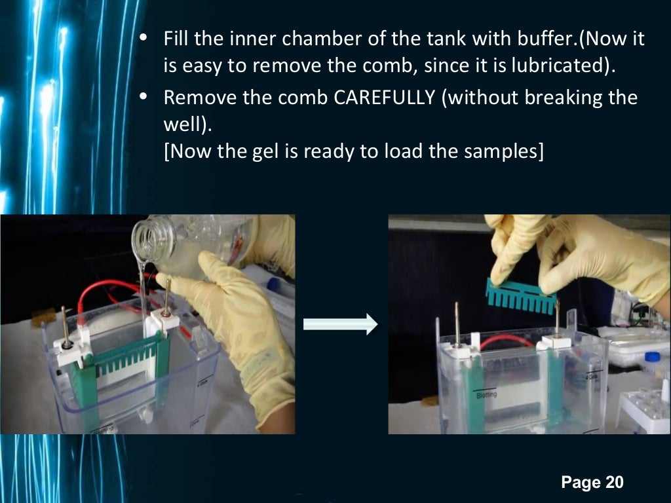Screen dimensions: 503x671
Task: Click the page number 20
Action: point(614,483)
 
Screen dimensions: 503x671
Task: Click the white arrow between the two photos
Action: point(341,324)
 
